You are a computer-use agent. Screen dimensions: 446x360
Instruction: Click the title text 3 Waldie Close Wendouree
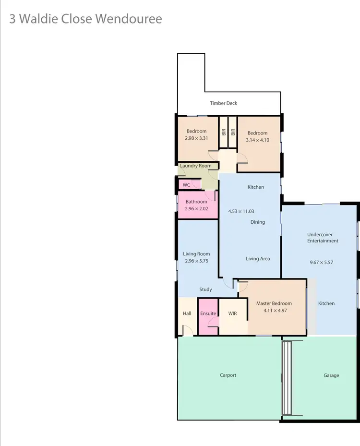86,19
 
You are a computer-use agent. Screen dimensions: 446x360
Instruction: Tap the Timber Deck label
224,103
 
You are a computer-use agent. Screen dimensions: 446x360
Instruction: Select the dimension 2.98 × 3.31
196,138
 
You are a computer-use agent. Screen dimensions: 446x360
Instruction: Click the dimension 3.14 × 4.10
257,140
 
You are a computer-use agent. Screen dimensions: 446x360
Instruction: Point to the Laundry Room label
196,166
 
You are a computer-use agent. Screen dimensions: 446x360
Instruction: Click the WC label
186,185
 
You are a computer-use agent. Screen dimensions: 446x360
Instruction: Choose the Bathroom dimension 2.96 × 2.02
196,209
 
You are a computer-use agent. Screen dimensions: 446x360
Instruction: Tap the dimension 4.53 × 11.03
241,211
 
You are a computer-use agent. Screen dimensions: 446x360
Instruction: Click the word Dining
258,222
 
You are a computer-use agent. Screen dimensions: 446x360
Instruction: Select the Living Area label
258,259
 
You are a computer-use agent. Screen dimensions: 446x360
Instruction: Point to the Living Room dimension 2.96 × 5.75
196,261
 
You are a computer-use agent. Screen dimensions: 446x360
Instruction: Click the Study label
206,289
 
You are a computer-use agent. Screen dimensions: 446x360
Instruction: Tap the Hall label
187,313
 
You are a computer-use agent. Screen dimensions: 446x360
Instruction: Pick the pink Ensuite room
208,317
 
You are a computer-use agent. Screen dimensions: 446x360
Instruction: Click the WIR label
233,313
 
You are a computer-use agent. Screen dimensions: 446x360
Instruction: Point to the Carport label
228,375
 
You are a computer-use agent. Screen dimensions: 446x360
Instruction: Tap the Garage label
331,375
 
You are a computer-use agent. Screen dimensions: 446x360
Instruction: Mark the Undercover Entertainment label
323,238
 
